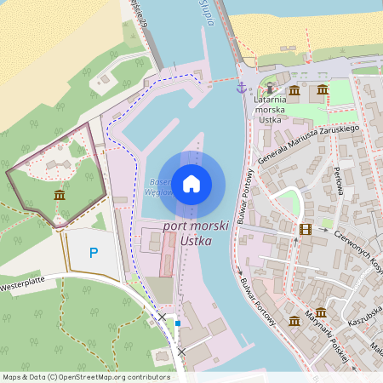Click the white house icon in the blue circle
click(x=191, y=184)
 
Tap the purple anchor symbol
click(x=241, y=88)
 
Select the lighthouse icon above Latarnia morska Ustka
click(x=271, y=89)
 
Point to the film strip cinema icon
click(x=306, y=228)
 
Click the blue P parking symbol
click(x=94, y=252)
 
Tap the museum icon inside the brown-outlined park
click(x=58, y=196)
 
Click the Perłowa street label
click(x=338, y=180)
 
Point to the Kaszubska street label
click(x=366, y=317)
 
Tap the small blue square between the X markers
click(x=177, y=323)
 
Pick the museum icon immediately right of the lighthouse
click(x=294, y=89)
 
